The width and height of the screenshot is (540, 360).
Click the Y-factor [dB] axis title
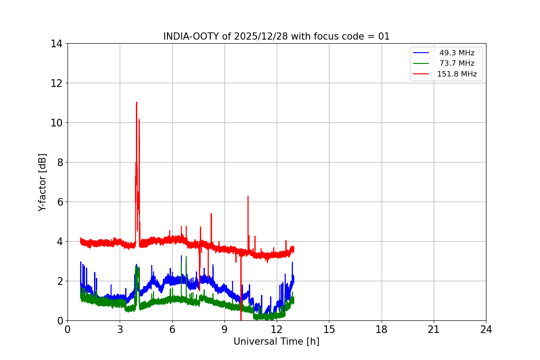point(42,182)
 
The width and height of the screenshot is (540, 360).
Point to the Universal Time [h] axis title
point(276,342)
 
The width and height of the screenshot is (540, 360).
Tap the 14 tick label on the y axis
point(56,44)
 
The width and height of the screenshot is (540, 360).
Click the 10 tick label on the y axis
point(56,123)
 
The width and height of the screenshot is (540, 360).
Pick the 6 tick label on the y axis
point(59,202)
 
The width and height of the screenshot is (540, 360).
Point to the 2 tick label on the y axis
point(59,281)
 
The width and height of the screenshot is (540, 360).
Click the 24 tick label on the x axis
point(486,329)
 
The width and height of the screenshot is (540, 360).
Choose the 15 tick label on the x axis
point(329,329)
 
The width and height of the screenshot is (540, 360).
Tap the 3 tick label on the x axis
point(120,329)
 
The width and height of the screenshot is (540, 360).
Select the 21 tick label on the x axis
point(434,329)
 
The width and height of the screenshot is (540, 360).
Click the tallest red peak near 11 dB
point(136,103)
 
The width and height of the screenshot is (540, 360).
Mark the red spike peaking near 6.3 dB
point(247,196)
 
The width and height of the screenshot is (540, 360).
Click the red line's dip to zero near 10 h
point(241,319)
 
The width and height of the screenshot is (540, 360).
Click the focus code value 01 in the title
point(384,36)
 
